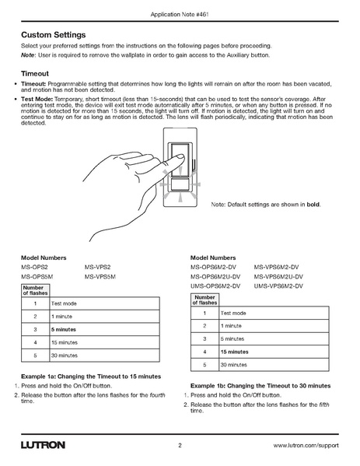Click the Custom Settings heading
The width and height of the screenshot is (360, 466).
[64, 36]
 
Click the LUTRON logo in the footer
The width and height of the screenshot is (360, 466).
[44, 445]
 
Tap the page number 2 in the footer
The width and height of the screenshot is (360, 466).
[180, 446]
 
